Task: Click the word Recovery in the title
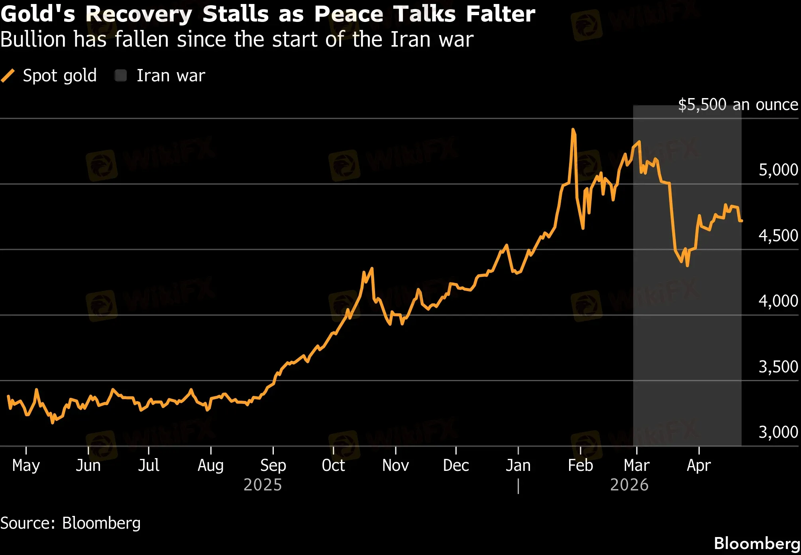[x=138, y=14]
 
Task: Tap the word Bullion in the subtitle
[x=33, y=40]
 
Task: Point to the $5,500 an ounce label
[x=738, y=105]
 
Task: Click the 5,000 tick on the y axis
[x=778, y=170]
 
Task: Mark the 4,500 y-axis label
[x=778, y=236]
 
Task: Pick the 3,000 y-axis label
[x=778, y=432]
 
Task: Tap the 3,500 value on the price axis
[x=778, y=367]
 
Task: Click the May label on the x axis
[x=26, y=466]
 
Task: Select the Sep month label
[x=273, y=466]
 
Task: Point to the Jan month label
[x=518, y=466]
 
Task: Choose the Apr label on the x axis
[x=699, y=466]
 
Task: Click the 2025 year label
[x=263, y=485]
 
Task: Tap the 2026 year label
[x=629, y=485]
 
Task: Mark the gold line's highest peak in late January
[x=573, y=130]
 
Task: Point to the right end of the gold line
[x=741, y=220]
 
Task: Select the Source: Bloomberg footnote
[x=71, y=523]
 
